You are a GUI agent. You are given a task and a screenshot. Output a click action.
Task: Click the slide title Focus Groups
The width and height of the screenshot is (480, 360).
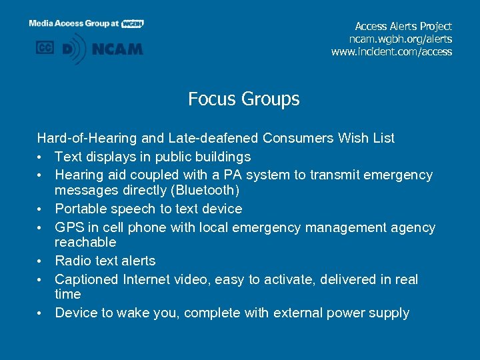(x=243, y=99)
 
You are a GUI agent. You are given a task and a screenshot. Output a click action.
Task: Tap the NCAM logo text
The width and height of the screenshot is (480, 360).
(x=117, y=49)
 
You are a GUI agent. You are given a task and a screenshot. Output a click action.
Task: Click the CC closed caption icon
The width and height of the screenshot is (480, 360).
(x=45, y=48)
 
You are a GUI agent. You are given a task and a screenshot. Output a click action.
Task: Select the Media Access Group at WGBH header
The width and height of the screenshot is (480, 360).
(x=86, y=23)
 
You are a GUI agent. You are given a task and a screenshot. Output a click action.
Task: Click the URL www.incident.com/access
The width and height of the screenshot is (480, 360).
(x=391, y=51)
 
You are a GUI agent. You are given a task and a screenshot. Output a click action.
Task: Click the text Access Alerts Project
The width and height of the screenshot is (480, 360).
(x=403, y=26)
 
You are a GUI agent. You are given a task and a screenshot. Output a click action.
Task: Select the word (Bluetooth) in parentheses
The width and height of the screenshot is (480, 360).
(x=207, y=190)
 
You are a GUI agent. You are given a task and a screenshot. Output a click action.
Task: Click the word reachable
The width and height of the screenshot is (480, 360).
(x=85, y=242)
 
